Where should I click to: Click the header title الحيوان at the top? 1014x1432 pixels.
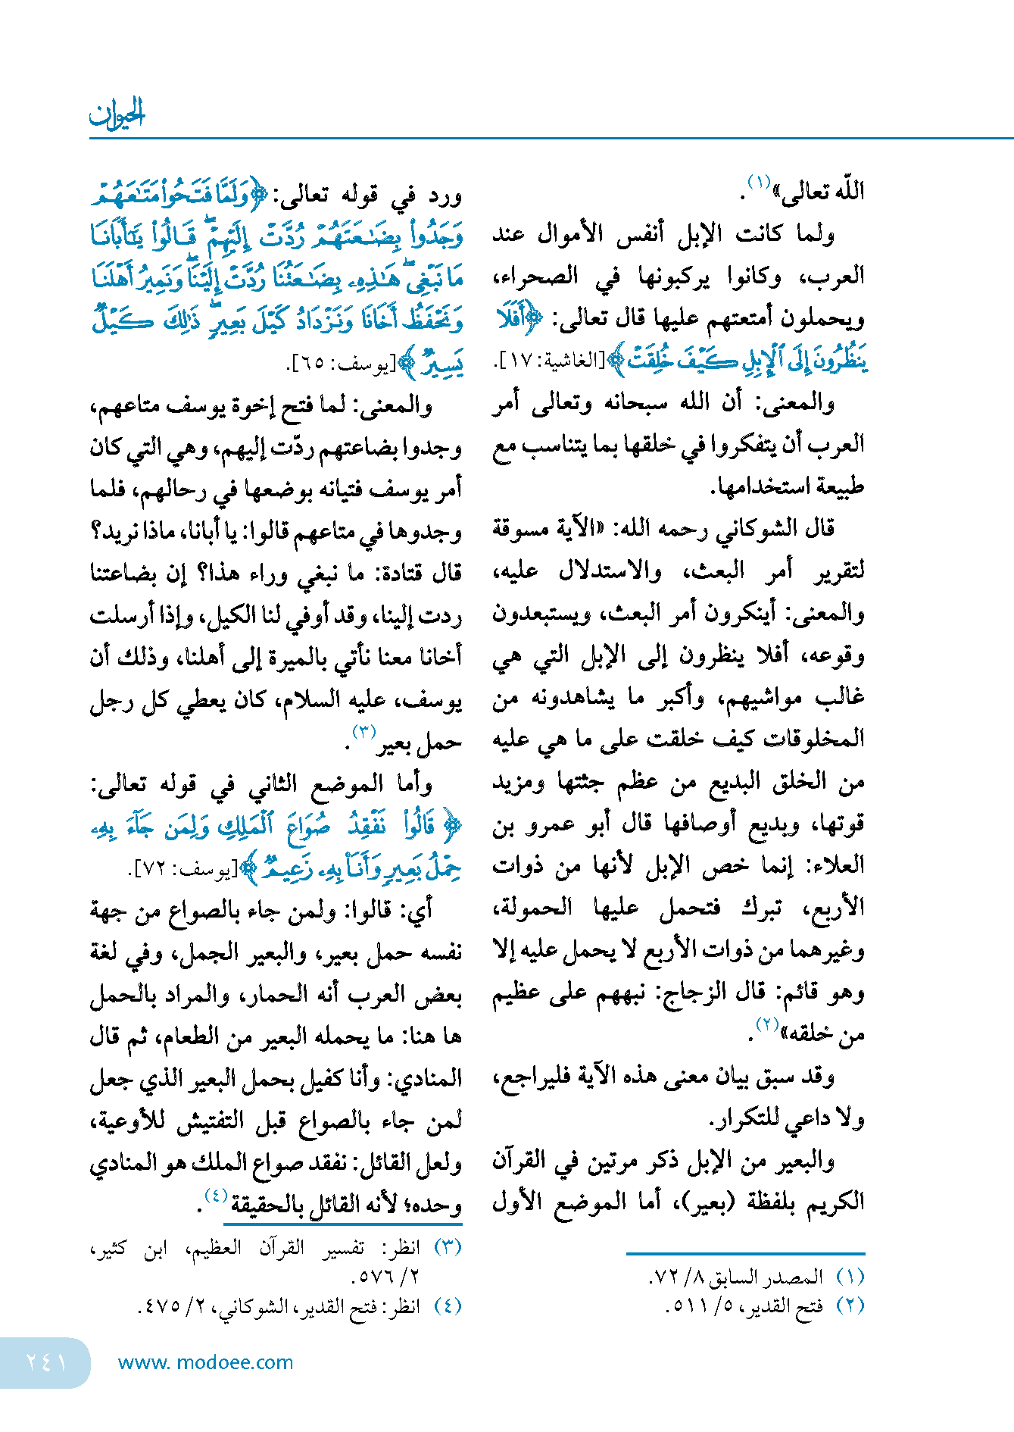coord(117,114)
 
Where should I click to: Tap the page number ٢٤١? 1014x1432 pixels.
coord(46,1362)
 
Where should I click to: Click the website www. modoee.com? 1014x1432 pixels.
coord(205,1362)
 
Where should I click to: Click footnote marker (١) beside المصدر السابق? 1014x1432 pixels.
coord(850,1277)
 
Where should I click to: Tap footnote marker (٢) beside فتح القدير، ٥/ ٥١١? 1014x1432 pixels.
coord(850,1305)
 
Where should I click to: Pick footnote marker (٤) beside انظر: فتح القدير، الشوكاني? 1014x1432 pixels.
coord(447,1305)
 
